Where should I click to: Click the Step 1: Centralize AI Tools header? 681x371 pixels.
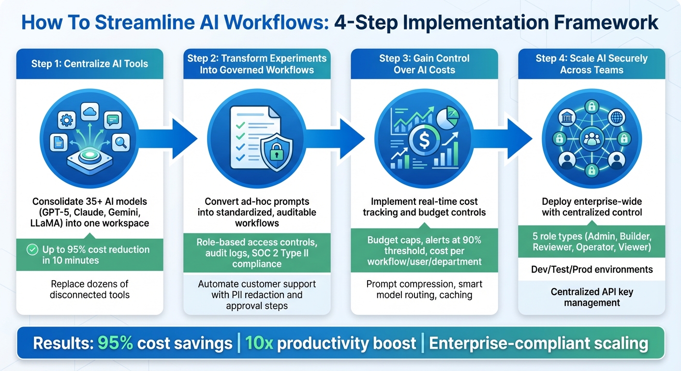pyautogui.click(x=89, y=63)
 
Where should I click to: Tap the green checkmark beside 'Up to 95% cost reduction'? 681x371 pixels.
pyautogui.click(x=32, y=250)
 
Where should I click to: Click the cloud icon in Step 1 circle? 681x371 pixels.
pyautogui.click(x=90, y=112)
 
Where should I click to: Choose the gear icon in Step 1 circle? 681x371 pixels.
pyautogui.click(x=67, y=119)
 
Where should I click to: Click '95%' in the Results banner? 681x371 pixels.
pyautogui.click(x=115, y=343)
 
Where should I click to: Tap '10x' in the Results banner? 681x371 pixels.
pyautogui.click(x=259, y=343)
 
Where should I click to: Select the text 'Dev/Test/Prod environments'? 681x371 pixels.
pyautogui.click(x=592, y=270)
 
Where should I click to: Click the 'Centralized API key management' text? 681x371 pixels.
pyautogui.click(x=592, y=297)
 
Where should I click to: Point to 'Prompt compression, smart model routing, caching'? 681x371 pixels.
pyautogui.click(x=424, y=289)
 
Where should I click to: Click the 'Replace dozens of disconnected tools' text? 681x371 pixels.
pyautogui.click(x=89, y=289)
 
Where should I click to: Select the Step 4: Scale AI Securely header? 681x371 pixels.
pyautogui.click(x=592, y=64)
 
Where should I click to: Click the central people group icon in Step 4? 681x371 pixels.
pyautogui.click(x=591, y=140)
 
